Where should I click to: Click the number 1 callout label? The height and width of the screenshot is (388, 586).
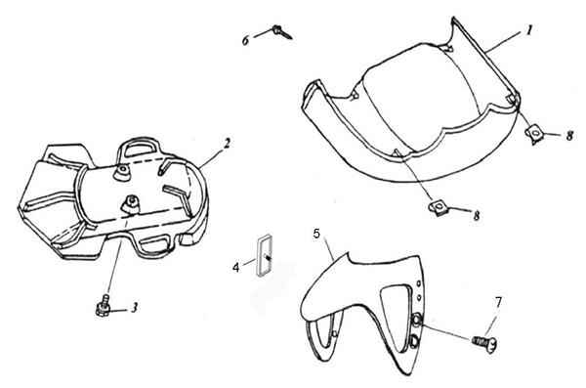pos(528,30)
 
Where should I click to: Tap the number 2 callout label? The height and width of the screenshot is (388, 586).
pos(227,145)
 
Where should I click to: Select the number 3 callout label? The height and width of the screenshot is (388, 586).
pos(134,308)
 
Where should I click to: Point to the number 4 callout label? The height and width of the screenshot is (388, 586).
pos(235,268)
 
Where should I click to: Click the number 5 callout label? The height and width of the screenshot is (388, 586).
pos(316,235)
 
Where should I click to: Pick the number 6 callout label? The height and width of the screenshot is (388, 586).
pos(245,40)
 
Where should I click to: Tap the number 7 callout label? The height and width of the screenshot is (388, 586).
pos(499,302)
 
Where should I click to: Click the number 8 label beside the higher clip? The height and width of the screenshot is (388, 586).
pos(569,136)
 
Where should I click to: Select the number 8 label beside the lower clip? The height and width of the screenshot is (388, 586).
pos(477,216)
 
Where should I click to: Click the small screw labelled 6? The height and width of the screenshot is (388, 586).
pos(282,32)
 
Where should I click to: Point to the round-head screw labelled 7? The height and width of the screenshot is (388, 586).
pos(485,341)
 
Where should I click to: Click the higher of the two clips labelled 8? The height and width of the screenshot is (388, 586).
pos(534,133)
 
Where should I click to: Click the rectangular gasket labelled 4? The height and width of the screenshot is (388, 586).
pos(263,255)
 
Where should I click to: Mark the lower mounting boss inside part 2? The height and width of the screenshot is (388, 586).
pos(131,204)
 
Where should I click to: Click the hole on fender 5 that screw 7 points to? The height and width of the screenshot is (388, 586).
pos(416,320)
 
